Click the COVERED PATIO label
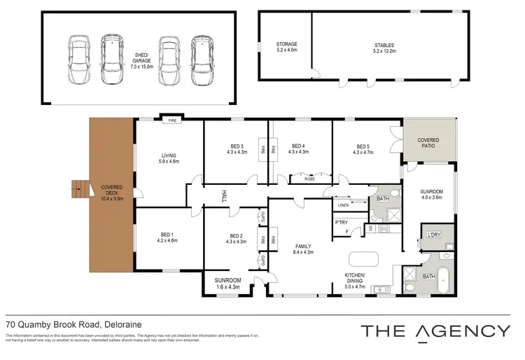click(428, 144)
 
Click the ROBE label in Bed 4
click(309, 179)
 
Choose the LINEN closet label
click(343, 205)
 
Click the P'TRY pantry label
click(342, 223)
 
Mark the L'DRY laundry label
click(433, 235)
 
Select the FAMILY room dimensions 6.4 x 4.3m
click(302, 252)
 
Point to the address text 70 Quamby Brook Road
click(53, 325)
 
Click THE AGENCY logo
click(434, 331)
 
